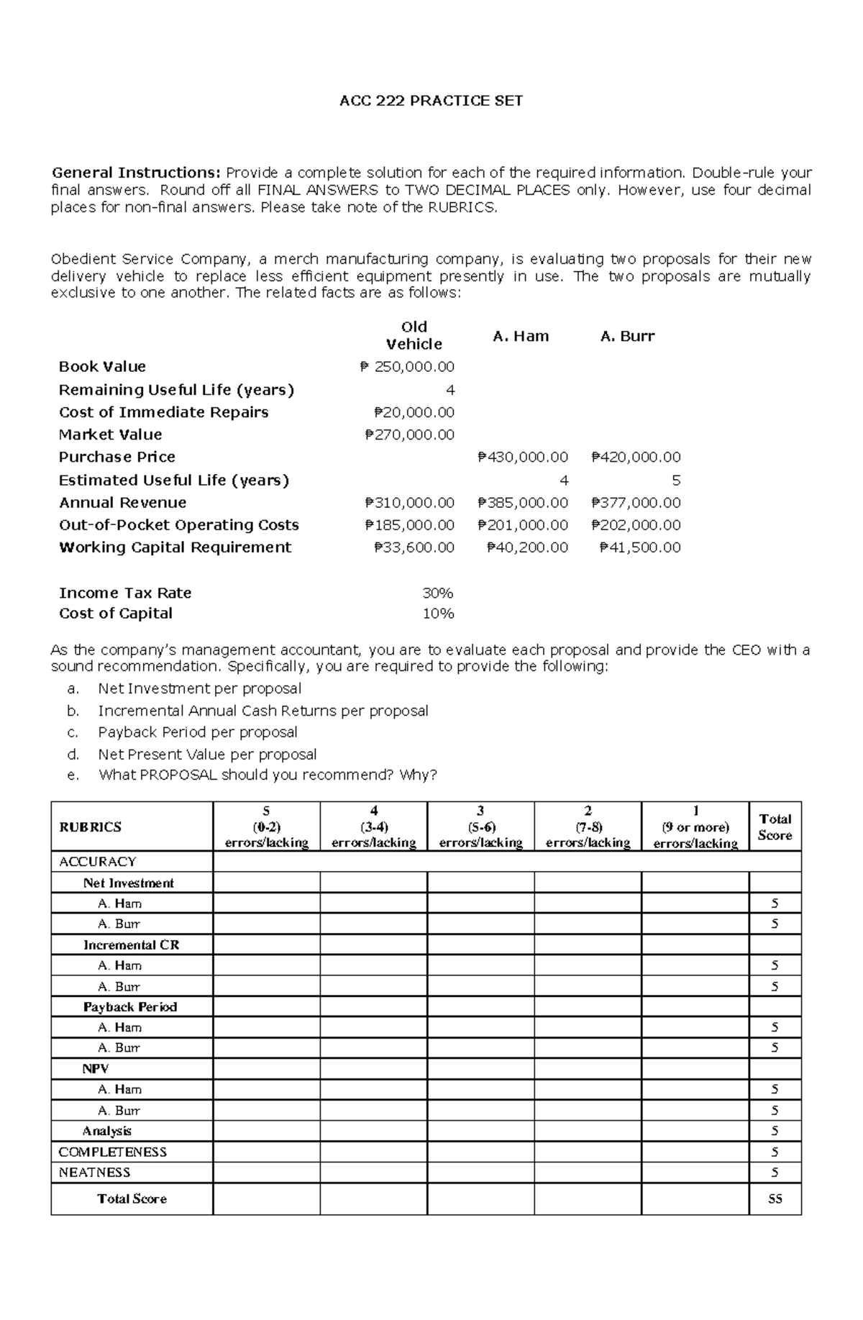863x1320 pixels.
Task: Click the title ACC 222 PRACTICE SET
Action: point(431,101)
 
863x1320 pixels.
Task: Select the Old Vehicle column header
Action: point(414,335)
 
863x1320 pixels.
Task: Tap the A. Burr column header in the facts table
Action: point(627,336)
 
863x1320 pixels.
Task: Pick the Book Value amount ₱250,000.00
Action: point(407,367)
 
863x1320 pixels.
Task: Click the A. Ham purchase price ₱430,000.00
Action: point(523,458)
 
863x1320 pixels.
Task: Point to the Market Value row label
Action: point(110,434)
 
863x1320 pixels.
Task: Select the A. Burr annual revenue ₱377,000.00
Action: point(636,503)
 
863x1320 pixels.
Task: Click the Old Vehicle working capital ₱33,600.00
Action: point(414,547)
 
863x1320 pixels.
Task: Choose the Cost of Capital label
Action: point(116,614)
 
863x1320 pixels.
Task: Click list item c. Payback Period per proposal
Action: point(197,732)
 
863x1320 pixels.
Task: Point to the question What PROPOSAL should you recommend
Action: point(268,775)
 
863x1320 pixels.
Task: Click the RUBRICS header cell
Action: point(90,827)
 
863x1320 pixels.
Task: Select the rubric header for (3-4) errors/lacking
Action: point(373,827)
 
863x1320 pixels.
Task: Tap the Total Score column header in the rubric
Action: point(775,827)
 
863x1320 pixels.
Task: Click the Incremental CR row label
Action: point(131,945)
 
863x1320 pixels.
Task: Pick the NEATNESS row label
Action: point(94,1173)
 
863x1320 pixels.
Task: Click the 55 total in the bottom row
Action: point(775,1199)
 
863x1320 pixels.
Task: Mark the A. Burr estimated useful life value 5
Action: point(675,481)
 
